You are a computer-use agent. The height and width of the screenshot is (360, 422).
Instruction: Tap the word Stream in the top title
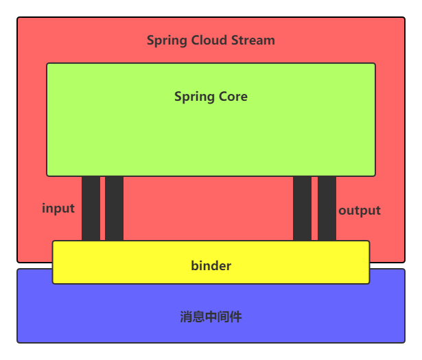pos(251,40)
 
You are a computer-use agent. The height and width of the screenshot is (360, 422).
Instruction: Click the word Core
pos(232,97)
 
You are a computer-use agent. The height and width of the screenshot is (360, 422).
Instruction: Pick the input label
pos(58,208)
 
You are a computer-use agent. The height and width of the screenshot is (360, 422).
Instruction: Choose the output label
pos(360,211)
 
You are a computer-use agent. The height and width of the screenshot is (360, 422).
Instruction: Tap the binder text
pos(211,265)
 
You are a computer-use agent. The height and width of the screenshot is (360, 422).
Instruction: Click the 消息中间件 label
pos(211,317)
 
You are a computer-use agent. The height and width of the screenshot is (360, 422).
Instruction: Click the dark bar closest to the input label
pos(91,208)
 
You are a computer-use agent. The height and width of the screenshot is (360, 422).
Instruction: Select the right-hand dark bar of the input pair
pos(115,208)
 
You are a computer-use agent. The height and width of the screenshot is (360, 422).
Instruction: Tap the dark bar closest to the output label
pos(327,208)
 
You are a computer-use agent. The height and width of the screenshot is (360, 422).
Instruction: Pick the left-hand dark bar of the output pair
pos(302,208)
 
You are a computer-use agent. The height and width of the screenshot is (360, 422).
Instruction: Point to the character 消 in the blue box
pos(186,317)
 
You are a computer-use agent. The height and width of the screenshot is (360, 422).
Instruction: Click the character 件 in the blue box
pos(235,317)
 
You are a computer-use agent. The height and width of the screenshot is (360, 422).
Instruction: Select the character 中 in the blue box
pos(211,317)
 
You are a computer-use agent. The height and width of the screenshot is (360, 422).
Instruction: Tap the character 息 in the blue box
pos(198,317)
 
